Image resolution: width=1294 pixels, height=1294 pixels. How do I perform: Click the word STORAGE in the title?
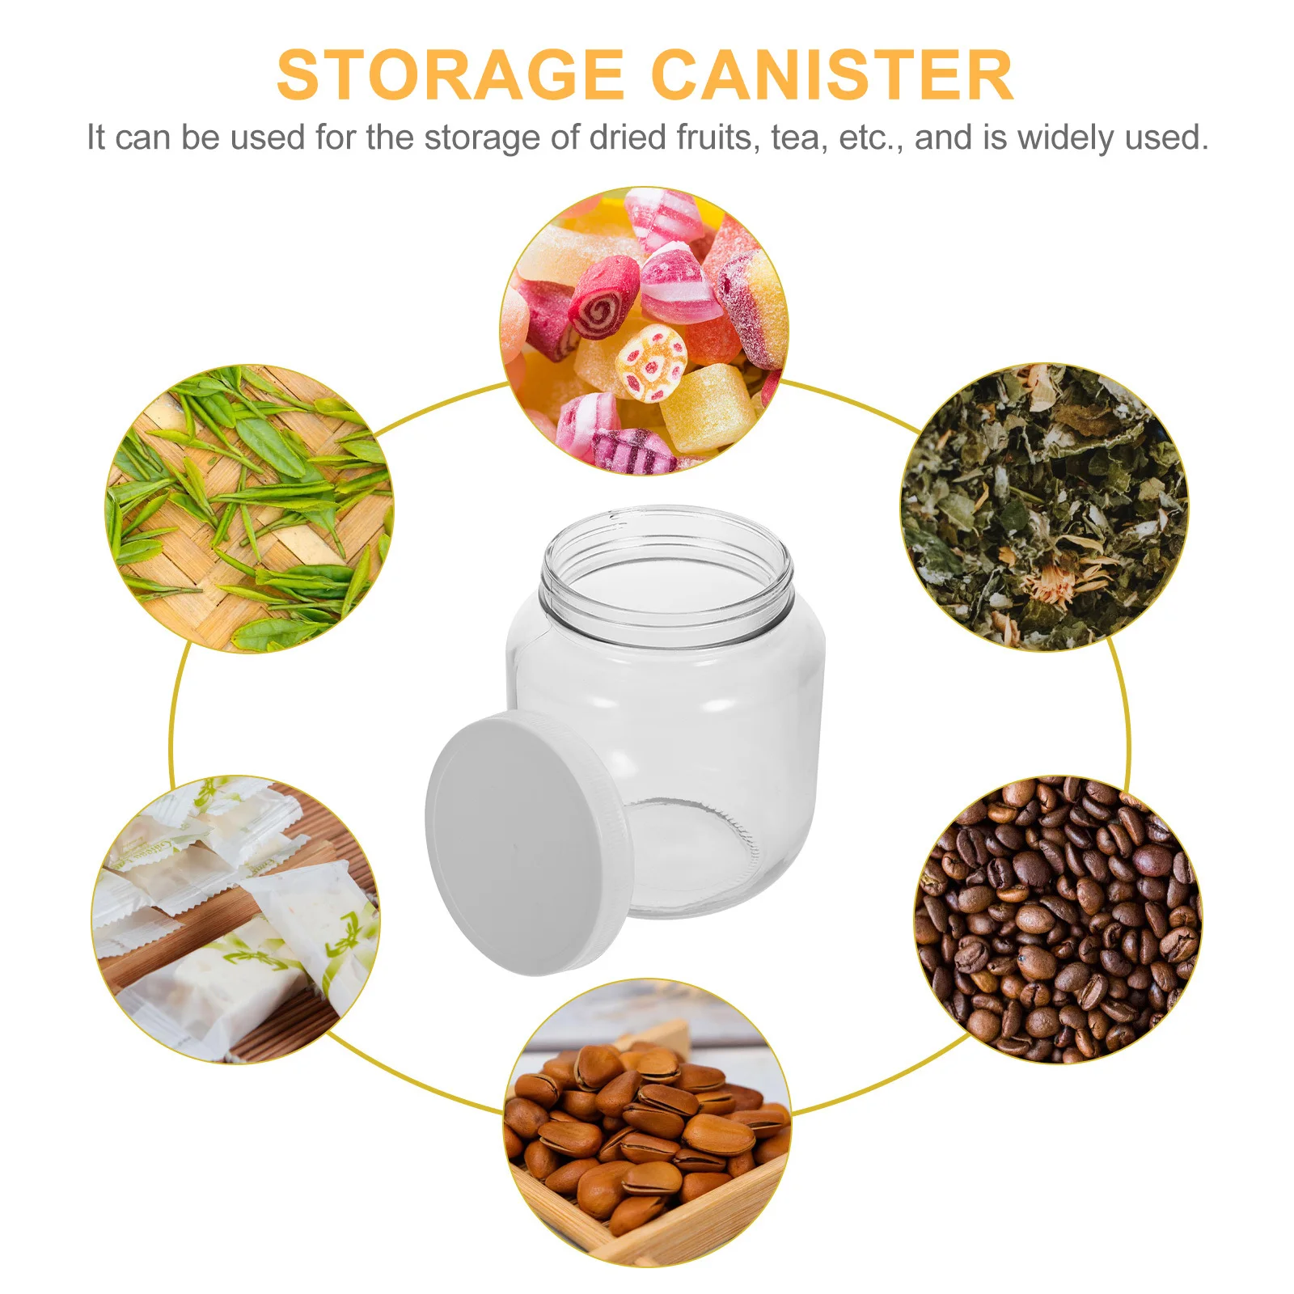tap(450, 75)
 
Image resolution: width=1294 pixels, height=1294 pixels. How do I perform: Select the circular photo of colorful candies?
tap(645, 332)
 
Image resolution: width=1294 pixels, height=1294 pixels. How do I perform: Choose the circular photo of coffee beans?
tap(1058, 919)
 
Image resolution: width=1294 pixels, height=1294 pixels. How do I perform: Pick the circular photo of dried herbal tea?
tap(1044, 507)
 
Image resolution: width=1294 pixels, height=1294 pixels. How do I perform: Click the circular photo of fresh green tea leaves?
tap(249, 509)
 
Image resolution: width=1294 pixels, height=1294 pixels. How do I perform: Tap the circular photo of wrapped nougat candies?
tap(235, 919)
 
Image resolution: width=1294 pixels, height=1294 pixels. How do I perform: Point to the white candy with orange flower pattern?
tap(651, 363)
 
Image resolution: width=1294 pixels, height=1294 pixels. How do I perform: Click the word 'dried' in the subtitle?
tap(628, 137)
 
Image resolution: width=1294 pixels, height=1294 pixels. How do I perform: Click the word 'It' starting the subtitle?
tap(96, 137)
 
